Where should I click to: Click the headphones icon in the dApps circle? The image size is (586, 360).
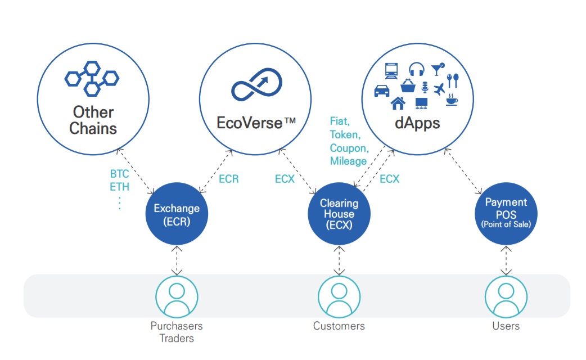coord(416,69)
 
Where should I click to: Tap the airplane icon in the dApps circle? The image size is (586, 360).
coord(439,88)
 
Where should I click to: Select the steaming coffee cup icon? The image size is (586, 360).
coord(451,100)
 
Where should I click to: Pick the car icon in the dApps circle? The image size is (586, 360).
coord(382,90)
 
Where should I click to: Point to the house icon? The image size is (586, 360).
coord(398,103)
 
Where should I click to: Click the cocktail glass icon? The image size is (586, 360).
coord(436,69)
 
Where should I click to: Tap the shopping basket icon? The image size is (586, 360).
coord(407,86)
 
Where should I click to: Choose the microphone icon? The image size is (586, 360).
coord(425,87)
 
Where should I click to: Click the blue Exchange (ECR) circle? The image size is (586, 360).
coord(177,214)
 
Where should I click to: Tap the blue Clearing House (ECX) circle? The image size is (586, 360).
coord(338,214)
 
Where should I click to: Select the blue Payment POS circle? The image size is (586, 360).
coord(506,213)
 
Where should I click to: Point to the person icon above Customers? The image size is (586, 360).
coord(339,295)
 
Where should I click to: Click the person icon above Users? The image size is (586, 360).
coord(506,295)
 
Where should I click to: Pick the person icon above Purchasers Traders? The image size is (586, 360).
coord(177,295)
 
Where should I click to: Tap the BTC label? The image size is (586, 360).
coord(119,174)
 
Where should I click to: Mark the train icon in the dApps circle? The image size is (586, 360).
coord(391,70)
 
